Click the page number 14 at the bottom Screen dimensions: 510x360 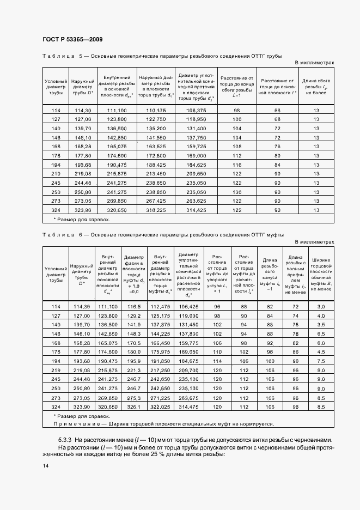pyautogui.click(x=45, y=464)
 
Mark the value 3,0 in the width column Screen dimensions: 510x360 pyautogui.click(x=321, y=307)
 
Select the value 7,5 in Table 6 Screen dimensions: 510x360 pyautogui.click(x=321, y=361)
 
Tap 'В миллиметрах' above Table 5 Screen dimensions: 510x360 pyautogui.click(x=314, y=63)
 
